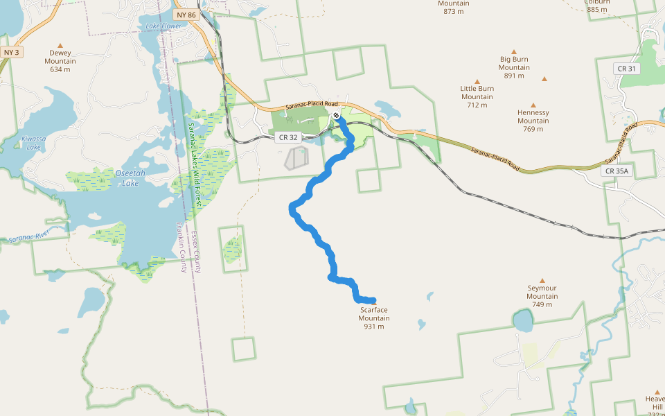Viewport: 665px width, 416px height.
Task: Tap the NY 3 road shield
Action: [10, 52]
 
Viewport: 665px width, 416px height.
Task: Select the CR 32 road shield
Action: [288, 137]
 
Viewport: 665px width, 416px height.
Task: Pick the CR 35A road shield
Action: [617, 171]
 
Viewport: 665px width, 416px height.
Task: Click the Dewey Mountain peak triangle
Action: [60, 45]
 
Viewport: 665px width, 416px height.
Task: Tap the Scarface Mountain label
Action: [374, 313]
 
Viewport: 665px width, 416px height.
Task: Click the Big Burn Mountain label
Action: [514, 63]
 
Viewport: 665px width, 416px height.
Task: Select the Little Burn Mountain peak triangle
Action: [477, 81]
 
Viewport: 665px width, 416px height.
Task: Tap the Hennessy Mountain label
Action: [533, 116]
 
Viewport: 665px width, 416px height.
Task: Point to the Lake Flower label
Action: [163, 26]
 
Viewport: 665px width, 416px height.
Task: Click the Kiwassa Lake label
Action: [33, 143]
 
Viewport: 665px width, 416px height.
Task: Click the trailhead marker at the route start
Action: [335, 115]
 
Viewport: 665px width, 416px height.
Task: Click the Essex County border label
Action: [196, 252]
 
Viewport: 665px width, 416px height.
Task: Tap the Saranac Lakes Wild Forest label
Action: [195, 166]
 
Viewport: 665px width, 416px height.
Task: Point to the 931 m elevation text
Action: [373, 327]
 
